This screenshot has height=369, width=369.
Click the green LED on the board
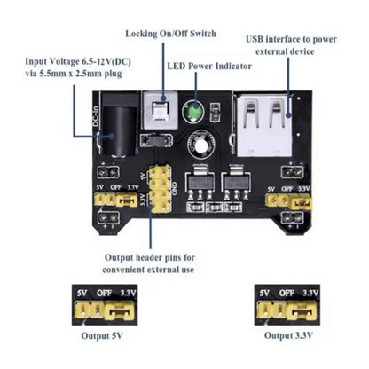[192, 113]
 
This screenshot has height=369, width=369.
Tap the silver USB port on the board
[265, 122]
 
